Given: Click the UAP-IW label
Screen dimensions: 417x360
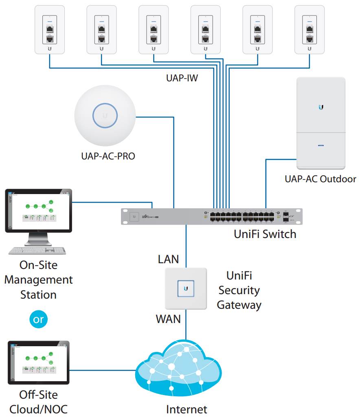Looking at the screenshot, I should point(182,78).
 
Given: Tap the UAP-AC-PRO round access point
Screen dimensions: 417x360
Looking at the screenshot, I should point(105,116).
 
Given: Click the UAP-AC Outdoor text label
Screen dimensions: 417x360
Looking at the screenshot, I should point(320,179).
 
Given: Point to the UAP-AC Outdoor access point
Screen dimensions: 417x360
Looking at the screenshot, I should point(321,123).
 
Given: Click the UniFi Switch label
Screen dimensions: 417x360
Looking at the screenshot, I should point(265,234).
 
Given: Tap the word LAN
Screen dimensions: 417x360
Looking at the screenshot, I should point(168,259).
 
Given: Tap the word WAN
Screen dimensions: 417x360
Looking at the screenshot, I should point(168,319).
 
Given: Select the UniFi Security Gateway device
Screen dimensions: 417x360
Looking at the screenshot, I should point(186,288).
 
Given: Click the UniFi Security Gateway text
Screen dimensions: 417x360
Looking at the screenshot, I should point(239,290).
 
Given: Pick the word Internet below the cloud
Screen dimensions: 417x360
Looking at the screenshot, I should point(187,409).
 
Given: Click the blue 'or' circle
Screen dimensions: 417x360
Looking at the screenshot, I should point(38,319).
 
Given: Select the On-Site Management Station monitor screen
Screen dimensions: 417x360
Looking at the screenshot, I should point(38,210).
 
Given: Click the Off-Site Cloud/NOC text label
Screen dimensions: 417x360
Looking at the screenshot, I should point(39,402).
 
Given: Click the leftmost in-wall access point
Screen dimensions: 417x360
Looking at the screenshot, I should point(50,29).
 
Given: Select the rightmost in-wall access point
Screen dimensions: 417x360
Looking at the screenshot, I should point(310,29).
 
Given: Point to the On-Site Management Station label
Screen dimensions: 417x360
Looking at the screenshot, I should point(39,279).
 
